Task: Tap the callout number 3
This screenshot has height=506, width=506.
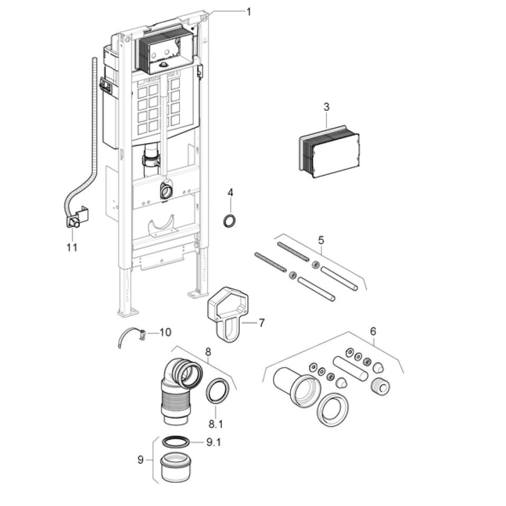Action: click(x=326, y=107)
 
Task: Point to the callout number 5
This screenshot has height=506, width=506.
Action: click(x=321, y=240)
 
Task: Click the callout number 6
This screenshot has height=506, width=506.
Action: click(x=373, y=332)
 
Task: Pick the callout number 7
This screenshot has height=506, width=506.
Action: click(x=261, y=323)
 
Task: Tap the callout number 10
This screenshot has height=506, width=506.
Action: click(x=165, y=332)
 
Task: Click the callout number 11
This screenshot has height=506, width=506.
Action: click(x=72, y=247)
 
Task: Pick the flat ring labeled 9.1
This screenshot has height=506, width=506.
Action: click(x=175, y=442)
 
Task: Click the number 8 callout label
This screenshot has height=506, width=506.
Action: click(x=208, y=351)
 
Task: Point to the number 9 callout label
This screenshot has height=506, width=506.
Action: click(x=140, y=460)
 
